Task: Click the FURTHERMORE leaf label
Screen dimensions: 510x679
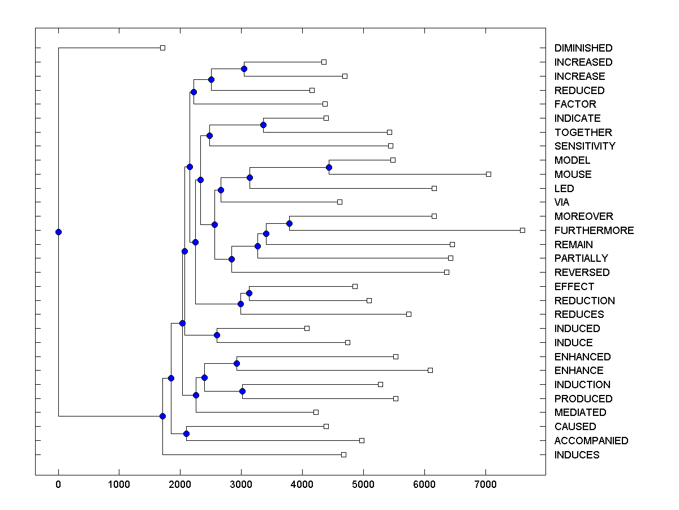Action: [594, 231]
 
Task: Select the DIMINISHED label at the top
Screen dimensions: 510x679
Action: [583, 48]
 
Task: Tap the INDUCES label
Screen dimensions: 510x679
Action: [577, 455]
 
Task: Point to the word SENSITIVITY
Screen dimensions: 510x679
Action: [585, 146]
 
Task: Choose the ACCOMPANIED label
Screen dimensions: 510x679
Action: [591, 441]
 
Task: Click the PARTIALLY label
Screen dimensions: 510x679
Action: [581, 258]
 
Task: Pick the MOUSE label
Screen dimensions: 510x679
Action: [573, 175]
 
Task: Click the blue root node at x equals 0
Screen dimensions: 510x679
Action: [58, 232]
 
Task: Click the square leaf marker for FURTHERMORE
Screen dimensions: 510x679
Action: [522, 230]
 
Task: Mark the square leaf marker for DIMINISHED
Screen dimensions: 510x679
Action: [162, 48]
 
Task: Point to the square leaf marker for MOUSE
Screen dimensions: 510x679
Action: [489, 174]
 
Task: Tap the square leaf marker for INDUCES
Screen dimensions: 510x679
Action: [343, 454]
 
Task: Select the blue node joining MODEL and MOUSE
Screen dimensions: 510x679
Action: [329, 167]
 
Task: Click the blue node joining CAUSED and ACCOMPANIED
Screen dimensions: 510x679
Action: [186, 433]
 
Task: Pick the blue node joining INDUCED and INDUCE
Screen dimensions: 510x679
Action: [217, 335]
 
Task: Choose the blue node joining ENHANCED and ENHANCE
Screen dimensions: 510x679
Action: [237, 363]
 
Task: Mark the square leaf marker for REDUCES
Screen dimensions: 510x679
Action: [409, 314]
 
